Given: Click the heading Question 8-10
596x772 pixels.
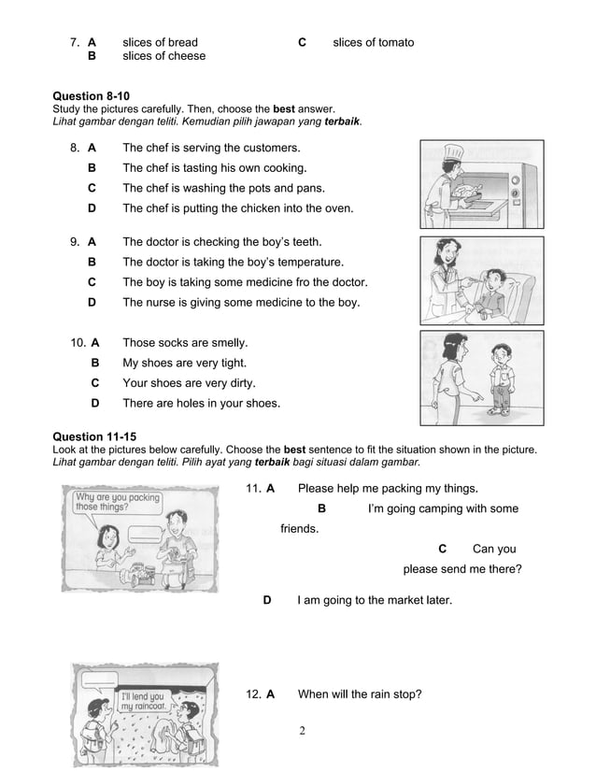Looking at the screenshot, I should [92, 96].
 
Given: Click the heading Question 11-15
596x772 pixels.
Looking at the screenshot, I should [94, 436].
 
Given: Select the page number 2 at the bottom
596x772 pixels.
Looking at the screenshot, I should [303, 729].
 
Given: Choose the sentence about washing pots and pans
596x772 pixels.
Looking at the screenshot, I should [223, 188].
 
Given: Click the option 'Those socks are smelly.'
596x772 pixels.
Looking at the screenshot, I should [185, 343].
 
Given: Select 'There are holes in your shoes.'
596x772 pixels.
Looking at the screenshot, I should [201, 404].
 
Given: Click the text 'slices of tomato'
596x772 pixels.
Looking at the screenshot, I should [373, 42].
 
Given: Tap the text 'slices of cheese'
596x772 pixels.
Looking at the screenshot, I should [163, 56].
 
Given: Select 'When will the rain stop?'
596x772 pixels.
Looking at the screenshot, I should [359, 693].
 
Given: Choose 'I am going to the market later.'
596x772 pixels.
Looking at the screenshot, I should [374, 599].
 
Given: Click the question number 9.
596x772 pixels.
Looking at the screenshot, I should [74, 241].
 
